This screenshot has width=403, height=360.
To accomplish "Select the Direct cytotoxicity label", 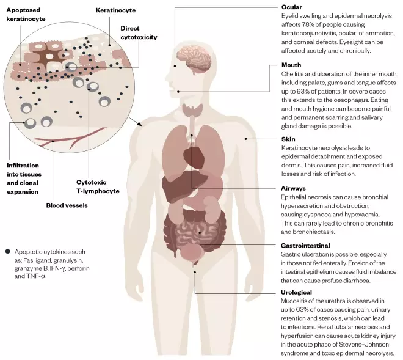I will (139, 32).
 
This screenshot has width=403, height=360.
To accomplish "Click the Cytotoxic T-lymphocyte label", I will (97, 186).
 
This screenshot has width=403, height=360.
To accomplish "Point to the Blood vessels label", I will (67, 205).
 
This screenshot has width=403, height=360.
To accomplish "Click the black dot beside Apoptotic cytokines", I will (7, 251).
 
